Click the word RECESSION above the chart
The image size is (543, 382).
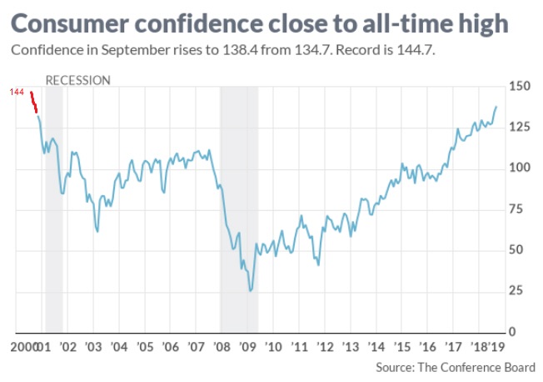point(77,81)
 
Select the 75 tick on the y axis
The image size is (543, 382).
point(516,209)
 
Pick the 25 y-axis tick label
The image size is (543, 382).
point(516,290)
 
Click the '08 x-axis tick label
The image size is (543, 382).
point(222,346)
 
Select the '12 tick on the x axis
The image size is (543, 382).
point(325,346)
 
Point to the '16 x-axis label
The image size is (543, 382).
point(428,346)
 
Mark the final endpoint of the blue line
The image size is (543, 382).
point(497,107)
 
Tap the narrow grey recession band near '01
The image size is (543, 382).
point(54,209)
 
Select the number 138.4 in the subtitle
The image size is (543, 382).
point(240,51)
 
